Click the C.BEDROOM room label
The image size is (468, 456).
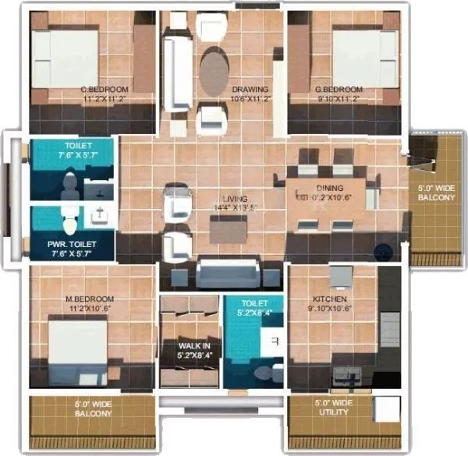106,90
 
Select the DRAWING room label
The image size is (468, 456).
250,90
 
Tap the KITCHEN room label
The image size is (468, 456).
330,299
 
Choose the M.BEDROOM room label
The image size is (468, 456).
90,299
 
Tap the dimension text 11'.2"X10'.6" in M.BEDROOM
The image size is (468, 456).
90,309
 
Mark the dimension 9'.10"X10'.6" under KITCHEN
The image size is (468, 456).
330,309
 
